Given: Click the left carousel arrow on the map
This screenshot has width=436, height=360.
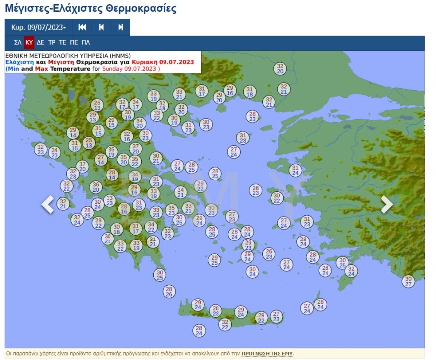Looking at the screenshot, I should coord(48,204).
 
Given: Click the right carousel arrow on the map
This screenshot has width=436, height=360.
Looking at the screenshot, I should coord(386,204).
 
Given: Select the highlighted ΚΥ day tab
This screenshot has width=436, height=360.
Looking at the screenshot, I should coord(29,43).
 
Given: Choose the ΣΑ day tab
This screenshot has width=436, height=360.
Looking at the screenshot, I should coord(18,43).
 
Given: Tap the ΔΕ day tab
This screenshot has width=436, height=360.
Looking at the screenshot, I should coord(40,43).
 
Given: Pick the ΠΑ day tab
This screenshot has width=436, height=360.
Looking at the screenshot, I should coord(86,43).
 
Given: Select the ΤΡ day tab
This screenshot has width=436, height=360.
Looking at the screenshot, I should coord(52,43).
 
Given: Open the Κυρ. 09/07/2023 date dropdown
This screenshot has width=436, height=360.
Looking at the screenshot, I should coord(39,28).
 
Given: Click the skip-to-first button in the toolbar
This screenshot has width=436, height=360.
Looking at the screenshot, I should coord(82,28).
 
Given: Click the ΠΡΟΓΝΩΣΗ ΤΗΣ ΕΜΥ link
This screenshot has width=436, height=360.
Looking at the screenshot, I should coord(267,354).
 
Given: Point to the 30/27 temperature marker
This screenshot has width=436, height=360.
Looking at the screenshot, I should coord(408,281).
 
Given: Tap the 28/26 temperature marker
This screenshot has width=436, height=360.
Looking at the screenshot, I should coord(169,291).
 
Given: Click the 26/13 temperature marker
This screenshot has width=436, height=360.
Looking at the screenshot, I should coord(97,105).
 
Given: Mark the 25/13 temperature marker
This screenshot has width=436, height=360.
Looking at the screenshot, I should coord(89,143).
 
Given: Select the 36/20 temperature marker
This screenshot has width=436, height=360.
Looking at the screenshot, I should coord(96,187).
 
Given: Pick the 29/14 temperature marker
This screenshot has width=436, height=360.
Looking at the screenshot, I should coord(73,133).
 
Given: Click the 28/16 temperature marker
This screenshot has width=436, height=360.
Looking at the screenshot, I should coord(124,209).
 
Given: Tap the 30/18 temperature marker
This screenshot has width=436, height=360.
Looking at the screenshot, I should coord(116,229).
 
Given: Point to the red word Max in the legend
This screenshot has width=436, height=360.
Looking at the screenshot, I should coord(41,69).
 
